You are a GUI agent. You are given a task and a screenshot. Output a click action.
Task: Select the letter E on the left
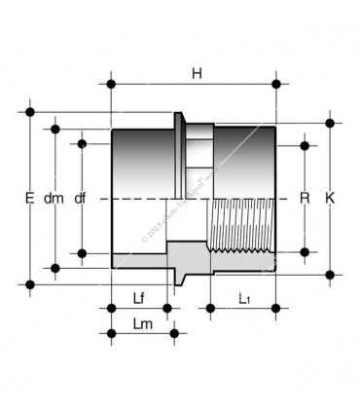point(29,198)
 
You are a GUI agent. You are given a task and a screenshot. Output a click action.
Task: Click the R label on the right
point(305,198)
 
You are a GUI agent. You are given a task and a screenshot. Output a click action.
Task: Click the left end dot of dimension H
point(112,84)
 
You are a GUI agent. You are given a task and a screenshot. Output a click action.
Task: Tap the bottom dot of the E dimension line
point(30,284)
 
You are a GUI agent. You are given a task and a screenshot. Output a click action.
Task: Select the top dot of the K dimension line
point(331,124)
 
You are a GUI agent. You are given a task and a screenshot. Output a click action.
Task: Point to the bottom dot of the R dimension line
point(305,251)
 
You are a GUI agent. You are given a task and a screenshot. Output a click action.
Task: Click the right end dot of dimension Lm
point(175,333)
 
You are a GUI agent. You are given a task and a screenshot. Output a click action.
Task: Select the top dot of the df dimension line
point(82,144)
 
